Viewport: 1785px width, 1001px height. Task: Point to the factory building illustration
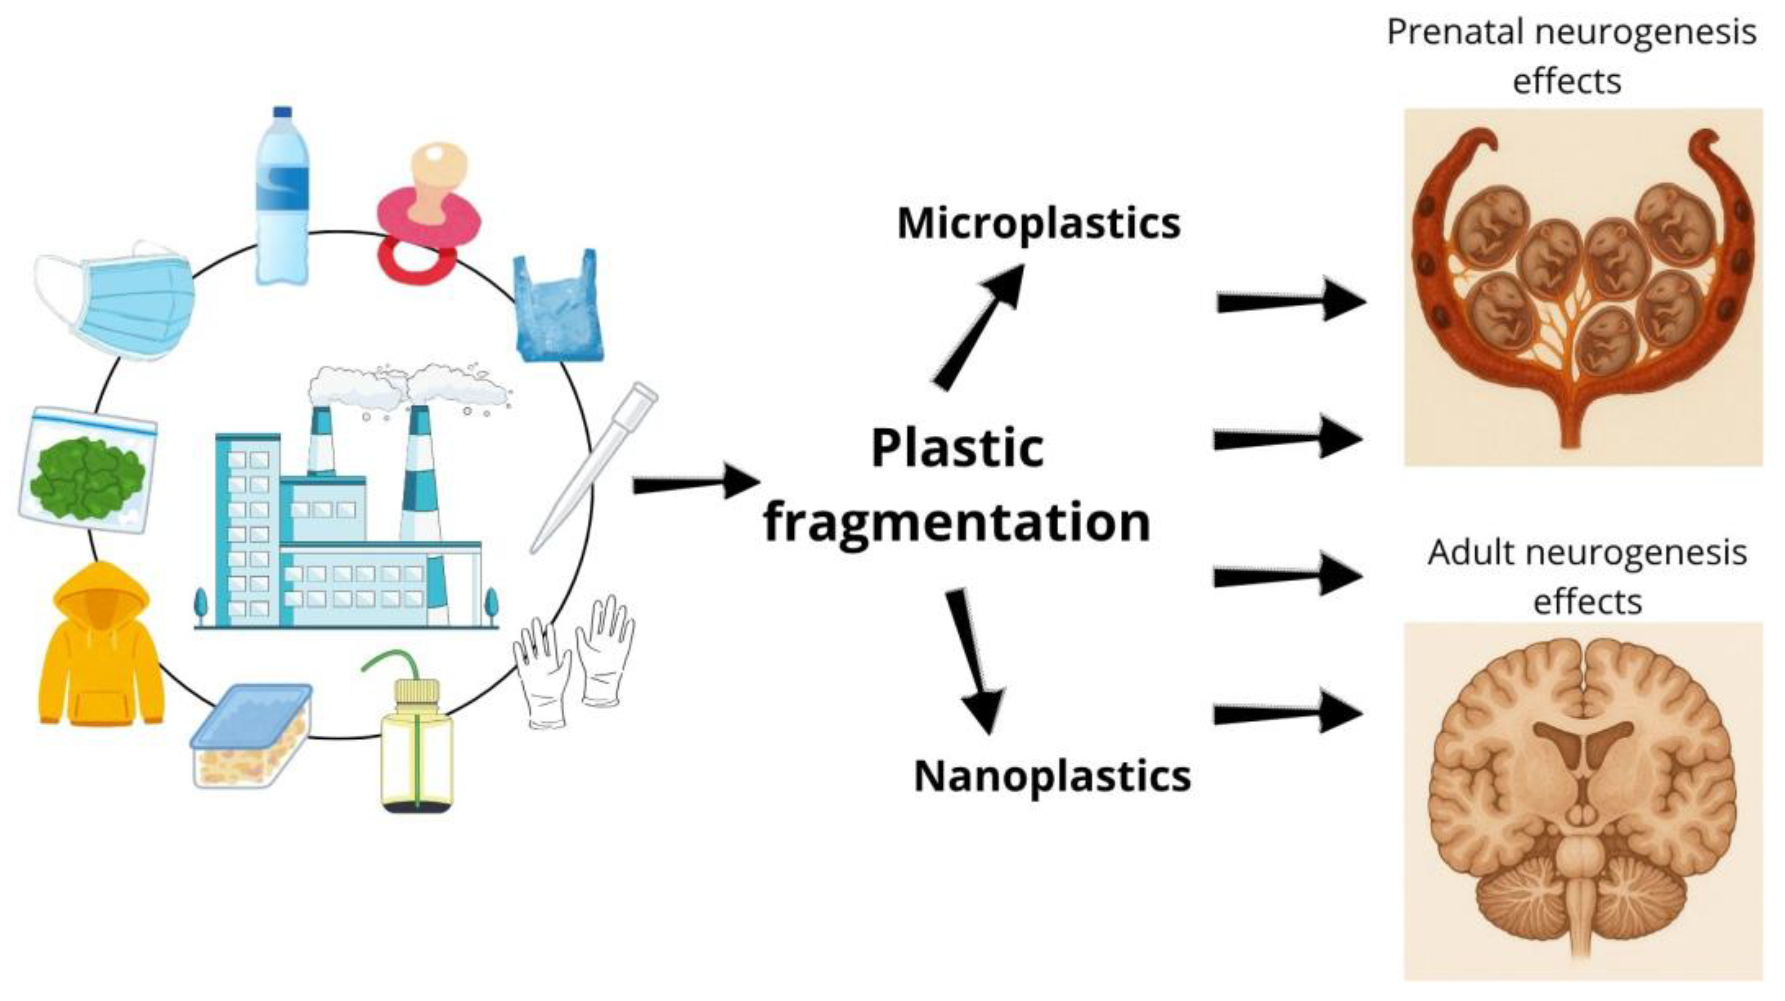(346, 526)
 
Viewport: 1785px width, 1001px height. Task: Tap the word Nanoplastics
(1052, 776)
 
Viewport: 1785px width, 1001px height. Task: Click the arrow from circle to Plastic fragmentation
(696, 482)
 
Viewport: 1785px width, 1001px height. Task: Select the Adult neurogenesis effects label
(1587, 577)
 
